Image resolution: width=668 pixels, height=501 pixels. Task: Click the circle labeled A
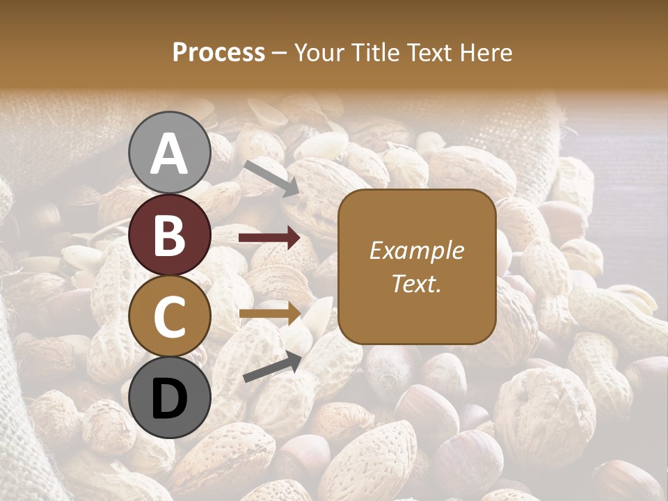(x=169, y=152)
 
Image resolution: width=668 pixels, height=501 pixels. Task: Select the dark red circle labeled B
(x=169, y=234)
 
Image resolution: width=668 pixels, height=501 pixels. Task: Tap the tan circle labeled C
(x=169, y=317)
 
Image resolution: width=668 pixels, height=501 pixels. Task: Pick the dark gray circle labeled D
(x=169, y=398)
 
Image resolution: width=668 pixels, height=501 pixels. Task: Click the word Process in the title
(x=218, y=53)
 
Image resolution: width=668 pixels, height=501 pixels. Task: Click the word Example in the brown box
(x=416, y=250)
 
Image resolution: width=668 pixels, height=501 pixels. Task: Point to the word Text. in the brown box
(x=416, y=283)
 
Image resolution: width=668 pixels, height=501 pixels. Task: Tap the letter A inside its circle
(x=169, y=154)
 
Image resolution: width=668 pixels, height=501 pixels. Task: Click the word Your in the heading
(x=316, y=53)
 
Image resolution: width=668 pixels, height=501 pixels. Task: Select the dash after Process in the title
(x=280, y=54)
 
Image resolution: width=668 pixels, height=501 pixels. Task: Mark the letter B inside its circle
(x=169, y=235)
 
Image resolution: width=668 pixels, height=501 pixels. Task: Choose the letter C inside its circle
(x=169, y=317)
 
